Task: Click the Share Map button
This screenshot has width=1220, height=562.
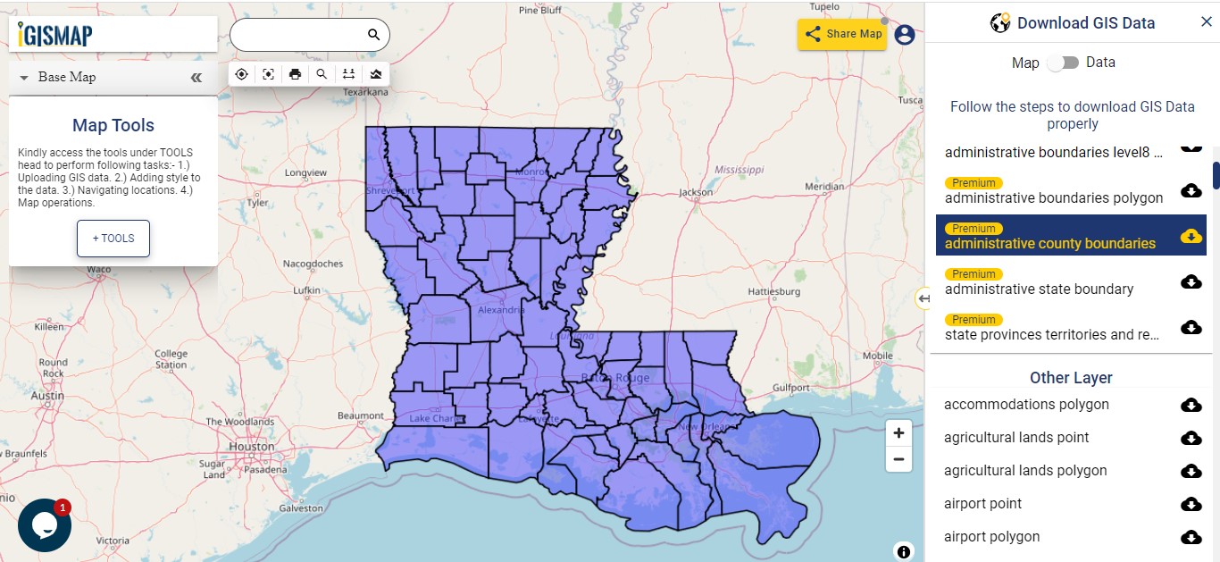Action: click(842, 34)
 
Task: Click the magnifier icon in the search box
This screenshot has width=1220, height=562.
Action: click(373, 35)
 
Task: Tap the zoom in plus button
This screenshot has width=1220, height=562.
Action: click(898, 432)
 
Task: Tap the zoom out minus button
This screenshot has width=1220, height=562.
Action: click(898, 460)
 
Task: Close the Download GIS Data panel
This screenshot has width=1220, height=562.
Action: click(1206, 22)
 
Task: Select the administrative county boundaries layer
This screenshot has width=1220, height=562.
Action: click(1050, 243)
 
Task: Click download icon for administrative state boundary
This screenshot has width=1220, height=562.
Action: click(1191, 281)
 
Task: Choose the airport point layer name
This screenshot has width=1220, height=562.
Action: click(982, 504)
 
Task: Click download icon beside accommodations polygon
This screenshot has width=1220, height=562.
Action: click(1191, 405)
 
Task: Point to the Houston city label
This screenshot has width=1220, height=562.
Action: click(252, 446)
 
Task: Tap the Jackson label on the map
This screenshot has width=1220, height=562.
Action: click(696, 192)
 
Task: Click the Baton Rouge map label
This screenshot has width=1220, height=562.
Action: click(615, 378)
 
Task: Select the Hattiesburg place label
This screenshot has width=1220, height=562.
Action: click(773, 291)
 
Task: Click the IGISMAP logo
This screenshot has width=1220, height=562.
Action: click(55, 34)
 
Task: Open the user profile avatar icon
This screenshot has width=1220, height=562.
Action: click(905, 35)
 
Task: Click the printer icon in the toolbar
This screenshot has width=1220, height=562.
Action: click(295, 74)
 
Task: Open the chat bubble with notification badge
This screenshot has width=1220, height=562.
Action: click(44, 525)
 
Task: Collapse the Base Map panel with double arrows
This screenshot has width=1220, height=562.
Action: click(196, 78)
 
